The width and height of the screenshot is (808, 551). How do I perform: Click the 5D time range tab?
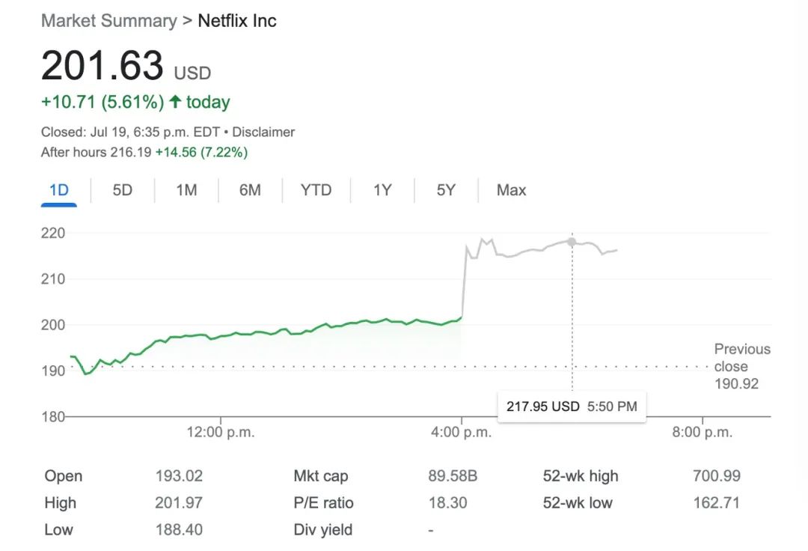coord(122,190)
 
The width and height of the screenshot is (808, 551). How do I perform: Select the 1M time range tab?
coord(186,190)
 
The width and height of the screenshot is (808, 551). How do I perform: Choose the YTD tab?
coord(316,190)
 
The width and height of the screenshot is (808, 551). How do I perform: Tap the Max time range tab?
coord(511,190)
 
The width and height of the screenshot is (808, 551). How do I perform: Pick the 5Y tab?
coord(446,190)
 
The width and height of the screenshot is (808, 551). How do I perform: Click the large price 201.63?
coord(102,66)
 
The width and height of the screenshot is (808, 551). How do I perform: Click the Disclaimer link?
coord(263,132)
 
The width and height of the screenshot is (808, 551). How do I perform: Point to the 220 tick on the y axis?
coord(53,233)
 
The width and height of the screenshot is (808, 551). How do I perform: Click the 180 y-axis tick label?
coord(53,416)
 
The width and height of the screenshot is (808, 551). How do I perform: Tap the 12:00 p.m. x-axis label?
coord(221,432)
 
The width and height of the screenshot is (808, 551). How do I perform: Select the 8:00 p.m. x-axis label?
coord(702,432)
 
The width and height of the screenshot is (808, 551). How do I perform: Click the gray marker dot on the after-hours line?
coord(572,242)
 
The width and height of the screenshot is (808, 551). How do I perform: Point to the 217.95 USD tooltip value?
coord(542,407)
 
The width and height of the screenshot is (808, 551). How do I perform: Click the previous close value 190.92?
coord(736,384)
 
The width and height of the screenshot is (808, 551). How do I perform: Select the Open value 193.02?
coord(179,476)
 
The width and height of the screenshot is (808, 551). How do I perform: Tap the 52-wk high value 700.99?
coord(716,476)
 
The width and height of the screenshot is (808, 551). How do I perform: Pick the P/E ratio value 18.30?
coord(447,503)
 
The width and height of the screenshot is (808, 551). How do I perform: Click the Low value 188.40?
coord(179,530)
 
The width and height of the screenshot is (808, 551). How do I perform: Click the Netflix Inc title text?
coord(236,21)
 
